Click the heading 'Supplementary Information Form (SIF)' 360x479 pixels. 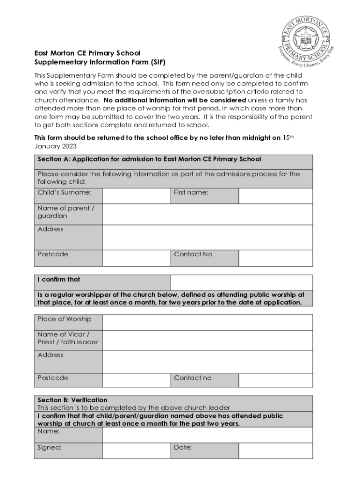100,62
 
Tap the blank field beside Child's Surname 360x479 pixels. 136,196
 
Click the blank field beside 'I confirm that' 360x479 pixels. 241,283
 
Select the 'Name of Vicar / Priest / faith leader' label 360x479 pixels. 68,338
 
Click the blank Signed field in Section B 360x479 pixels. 136,450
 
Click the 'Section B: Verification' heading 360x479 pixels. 72,400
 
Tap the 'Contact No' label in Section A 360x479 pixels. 193,254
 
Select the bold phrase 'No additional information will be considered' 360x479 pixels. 174,100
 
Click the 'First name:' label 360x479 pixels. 191,192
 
